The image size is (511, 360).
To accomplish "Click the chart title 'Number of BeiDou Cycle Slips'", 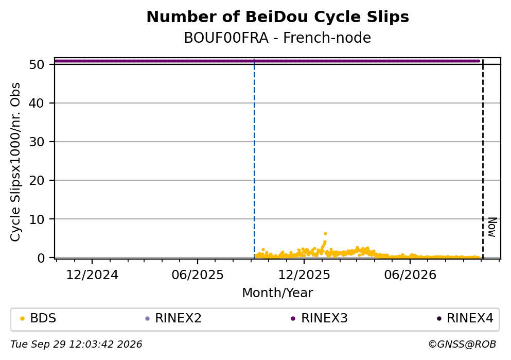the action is (278, 17).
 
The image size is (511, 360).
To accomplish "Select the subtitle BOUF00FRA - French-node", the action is (278, 38).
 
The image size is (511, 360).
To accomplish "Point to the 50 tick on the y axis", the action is (37, 64).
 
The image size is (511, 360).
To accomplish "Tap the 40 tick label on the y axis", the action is (37, 103).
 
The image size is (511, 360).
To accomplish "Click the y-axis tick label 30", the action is (37, 142).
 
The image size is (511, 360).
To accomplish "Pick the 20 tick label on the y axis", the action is (37, 180).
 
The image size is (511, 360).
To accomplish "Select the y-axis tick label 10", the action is (37, 219).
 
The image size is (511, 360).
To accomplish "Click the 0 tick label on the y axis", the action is (41, 258).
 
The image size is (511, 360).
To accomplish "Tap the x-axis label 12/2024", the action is (92, 275).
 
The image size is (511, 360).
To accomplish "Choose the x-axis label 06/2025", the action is (198, 275).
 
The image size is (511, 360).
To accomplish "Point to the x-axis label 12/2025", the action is (304, 275).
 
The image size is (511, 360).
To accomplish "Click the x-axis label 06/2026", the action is (410, 275).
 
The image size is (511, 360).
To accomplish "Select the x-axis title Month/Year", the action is (278, 293).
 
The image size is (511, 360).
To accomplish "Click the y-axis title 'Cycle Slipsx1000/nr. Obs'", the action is (15, 162).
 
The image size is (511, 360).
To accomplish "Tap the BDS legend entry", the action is (38, 318).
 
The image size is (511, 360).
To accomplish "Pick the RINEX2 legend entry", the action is (173, 318).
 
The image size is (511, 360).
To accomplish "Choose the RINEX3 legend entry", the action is (320, 318).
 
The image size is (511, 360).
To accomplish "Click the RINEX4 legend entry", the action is (465, 318).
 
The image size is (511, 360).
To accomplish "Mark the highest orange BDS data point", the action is (325, 233).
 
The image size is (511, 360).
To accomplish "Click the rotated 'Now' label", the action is (492, 227).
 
